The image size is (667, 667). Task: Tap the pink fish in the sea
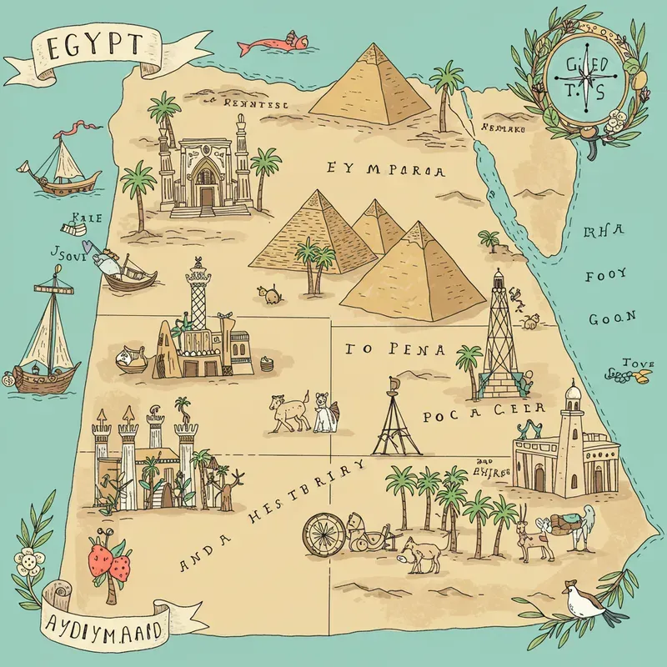click(x=267, y=43)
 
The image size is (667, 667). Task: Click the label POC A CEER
click(x=484, y=410)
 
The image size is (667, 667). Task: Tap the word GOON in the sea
click(x=613, y=317)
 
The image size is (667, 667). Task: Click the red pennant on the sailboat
click(x=71, y=128)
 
